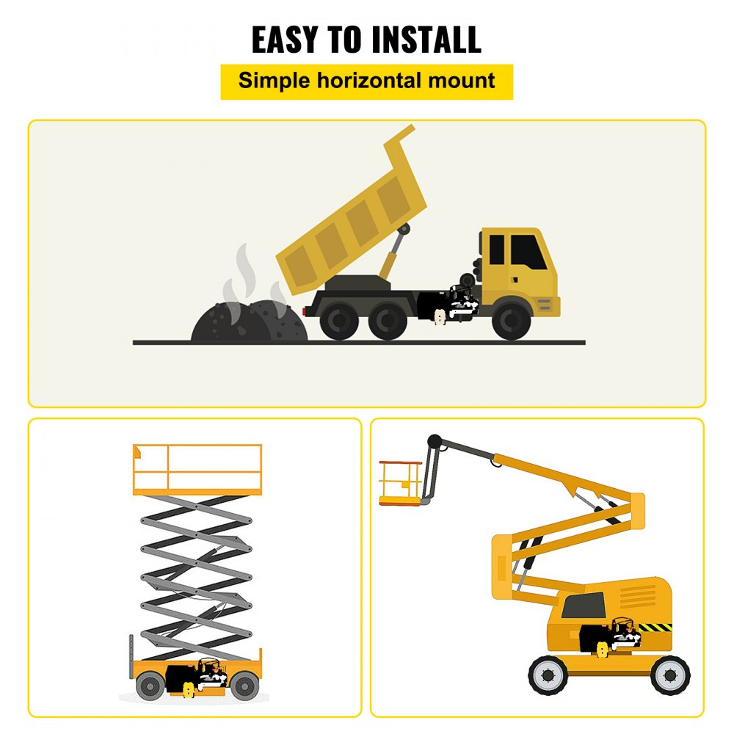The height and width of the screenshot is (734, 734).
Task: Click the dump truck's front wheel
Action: (512, 321)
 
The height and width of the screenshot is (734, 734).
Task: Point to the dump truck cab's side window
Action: (528, 252)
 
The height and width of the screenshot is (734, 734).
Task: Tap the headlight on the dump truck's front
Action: (544, 304)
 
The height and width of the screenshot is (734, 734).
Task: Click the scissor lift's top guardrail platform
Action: (197, 469)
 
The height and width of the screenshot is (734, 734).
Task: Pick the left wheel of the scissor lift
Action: (150, 686)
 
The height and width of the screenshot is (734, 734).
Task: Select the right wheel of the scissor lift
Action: (244, 686)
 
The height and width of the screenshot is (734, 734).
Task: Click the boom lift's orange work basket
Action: (400, 483)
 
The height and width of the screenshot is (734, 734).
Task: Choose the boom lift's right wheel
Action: (670, 675)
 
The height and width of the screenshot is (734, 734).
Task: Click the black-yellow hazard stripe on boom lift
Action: (655, 628)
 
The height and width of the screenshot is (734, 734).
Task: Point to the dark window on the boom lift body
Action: (584, 606)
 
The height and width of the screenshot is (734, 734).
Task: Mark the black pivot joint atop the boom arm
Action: (435, 442)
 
